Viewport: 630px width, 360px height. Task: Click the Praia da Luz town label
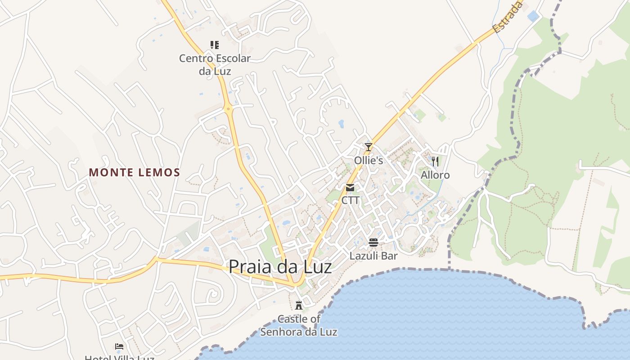tap(280, 267)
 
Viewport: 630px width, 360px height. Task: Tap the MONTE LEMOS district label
tap(135, 172)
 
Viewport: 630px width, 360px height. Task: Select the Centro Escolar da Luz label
tap(215, 64)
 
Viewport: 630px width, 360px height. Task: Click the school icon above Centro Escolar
tap(215, 45)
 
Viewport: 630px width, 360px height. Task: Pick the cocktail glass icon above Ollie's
tap(369, 147)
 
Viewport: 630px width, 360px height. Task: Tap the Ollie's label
tap(369, 160)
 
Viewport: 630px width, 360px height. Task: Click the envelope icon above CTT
tap(350, 188)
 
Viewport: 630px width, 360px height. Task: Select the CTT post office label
tap(350, 200)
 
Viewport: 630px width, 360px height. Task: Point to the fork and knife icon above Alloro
tap(435, 161)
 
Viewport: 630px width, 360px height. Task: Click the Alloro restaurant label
tap(435, 175)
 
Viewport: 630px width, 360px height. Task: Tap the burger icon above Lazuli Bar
tap(373, 243)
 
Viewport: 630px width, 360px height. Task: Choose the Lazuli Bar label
tap(373, 256)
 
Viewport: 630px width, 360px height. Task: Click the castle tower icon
tap(298, 306)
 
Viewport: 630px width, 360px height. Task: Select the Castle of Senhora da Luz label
tap(299, 325)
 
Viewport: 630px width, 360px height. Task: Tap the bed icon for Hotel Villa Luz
tap(119, 346)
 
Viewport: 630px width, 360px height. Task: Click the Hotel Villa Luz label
tap(119, 358)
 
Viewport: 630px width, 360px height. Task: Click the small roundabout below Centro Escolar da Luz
tap(229, 108)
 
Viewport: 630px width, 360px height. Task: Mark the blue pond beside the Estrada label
tap(533, 16)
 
